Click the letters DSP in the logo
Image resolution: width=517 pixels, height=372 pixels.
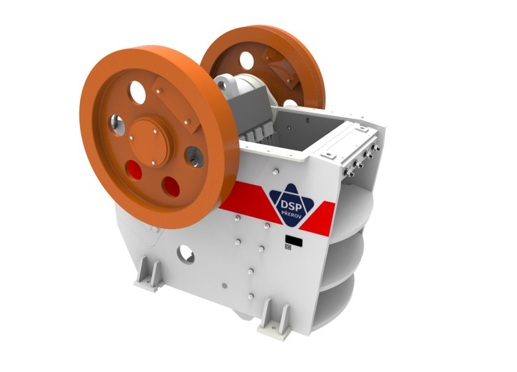[291, 205]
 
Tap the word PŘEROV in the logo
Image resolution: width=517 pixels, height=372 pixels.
[290, 214]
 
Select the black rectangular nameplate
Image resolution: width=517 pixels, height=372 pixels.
[294, 241]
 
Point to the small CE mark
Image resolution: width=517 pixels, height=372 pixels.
[288, 246]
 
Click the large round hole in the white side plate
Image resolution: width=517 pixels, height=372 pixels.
[186, 254]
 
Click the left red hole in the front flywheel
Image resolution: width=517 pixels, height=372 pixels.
[134, 170]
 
